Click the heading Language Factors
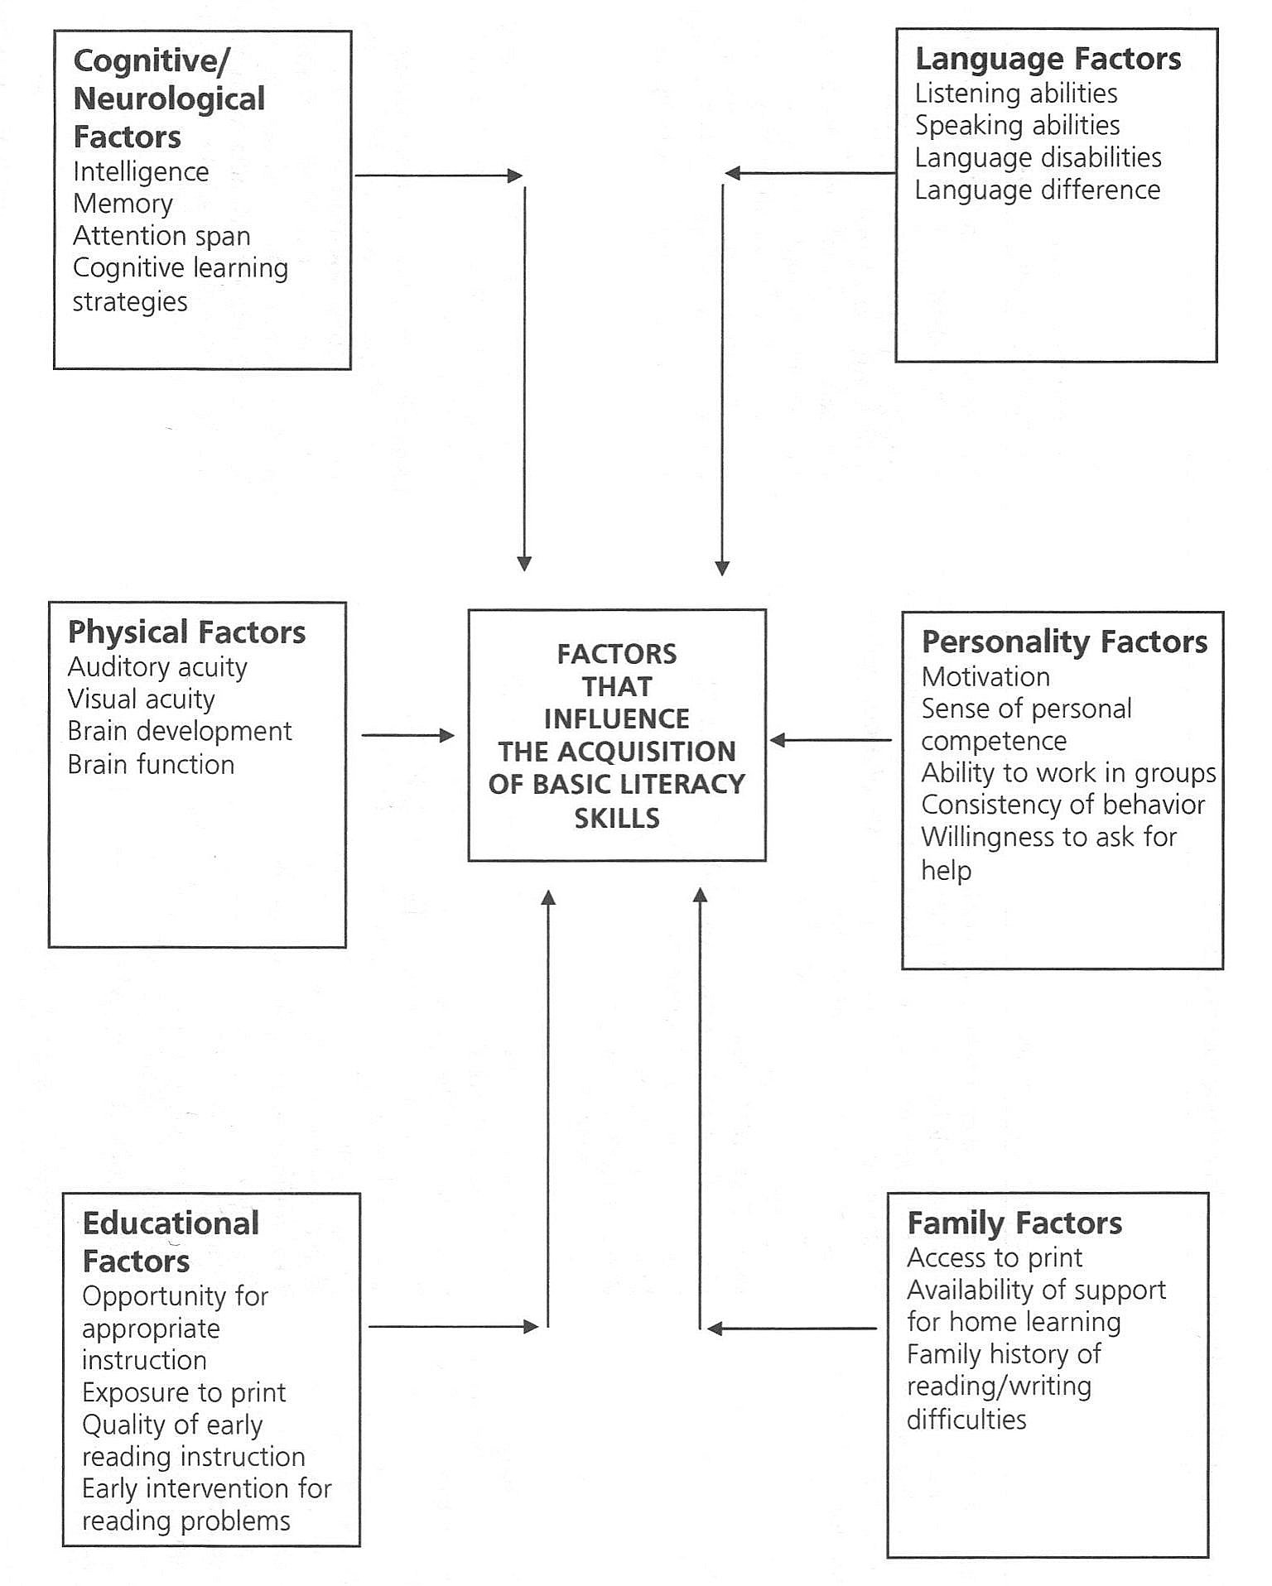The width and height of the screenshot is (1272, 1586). click(1048, 59)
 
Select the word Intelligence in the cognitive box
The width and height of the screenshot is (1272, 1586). click(141, 172)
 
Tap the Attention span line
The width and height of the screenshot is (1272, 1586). click(161, 236)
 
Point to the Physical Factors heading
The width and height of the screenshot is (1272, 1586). click(186, 632)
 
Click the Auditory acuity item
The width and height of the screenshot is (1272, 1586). click(157, 667)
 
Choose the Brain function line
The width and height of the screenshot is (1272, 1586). click(151, 764)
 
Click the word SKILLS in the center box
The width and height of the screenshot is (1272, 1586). click(617, 818)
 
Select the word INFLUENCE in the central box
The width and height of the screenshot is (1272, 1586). click(617, 719)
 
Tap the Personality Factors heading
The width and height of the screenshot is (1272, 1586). click(1064, 642)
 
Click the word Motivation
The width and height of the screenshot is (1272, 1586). click(985, 677)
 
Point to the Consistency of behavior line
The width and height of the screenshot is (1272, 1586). click(1063, 805)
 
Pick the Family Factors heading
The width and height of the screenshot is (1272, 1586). click(1014, 1223)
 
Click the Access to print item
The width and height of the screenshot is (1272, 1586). click(995, 1258)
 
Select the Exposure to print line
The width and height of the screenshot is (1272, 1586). click(184, 1393)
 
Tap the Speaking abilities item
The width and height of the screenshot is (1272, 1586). click(1017, 126)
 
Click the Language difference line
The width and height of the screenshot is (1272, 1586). click(1038, 190)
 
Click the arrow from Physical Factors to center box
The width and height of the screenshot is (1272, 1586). click(408, 735)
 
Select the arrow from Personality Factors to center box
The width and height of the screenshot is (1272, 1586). click(831, 740)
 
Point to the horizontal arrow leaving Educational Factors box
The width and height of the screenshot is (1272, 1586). click(453, 1327)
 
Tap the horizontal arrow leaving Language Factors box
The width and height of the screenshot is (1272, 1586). click(810, 173)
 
